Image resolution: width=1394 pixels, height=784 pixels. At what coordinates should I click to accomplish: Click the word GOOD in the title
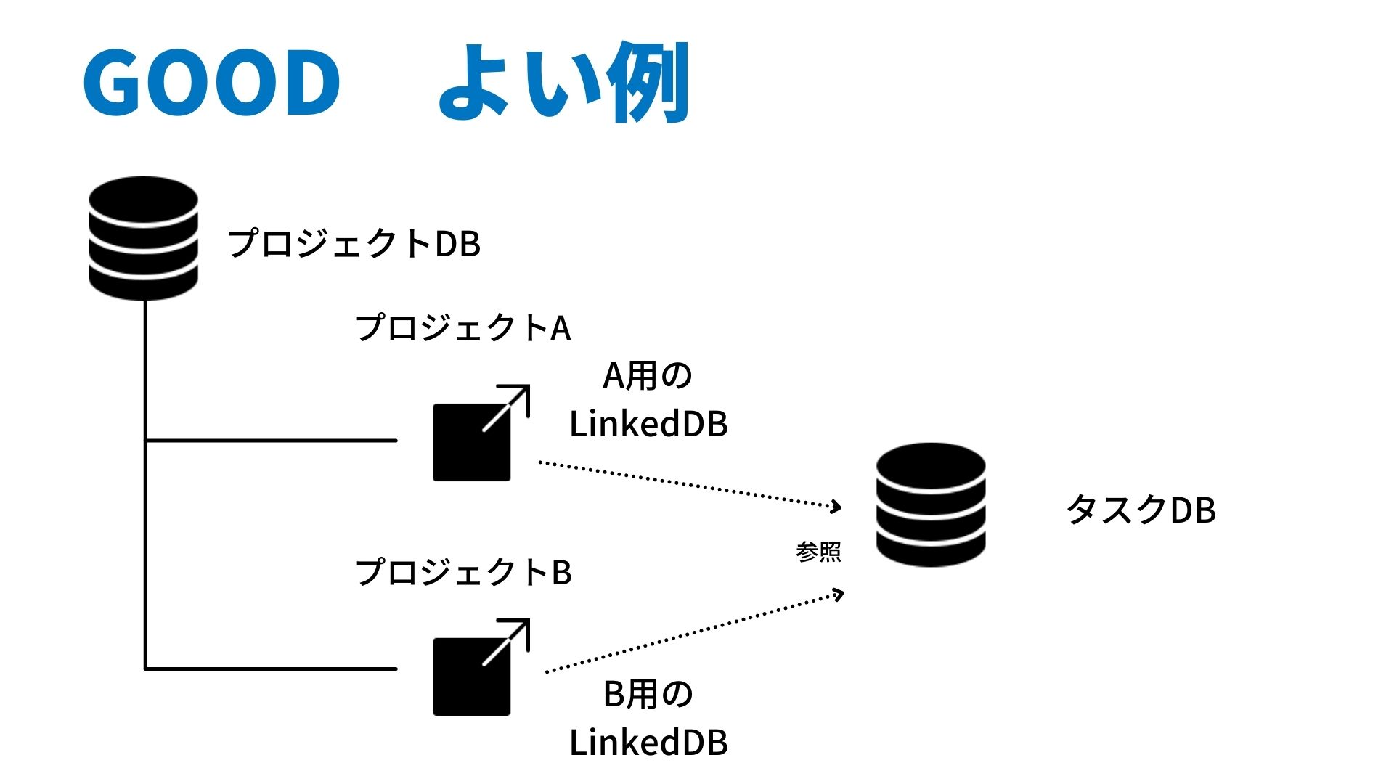click(x=211, y=82)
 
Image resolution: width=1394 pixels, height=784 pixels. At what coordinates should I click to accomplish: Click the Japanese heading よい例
click(x=563, y=82)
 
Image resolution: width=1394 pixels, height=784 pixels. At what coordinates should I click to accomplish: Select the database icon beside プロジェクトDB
click(x=143, y=238)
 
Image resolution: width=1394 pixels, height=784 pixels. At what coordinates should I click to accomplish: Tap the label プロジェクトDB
click(x=354, y=244)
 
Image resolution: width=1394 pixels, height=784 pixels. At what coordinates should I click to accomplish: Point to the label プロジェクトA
click(x=463, y=328)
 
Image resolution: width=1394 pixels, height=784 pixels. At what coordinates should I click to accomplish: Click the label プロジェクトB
click(x=463, y=573)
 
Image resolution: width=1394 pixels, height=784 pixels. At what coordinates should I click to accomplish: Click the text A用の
click(x=648, y=376)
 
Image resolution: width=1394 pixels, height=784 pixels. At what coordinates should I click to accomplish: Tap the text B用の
click(x=648, y=694)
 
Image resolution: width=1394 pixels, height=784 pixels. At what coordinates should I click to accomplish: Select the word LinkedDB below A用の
click(x=648, y=425)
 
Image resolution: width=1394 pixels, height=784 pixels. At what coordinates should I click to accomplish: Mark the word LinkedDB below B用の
click(x=648, y=743)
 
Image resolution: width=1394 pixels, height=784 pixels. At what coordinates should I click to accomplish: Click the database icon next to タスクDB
click(x=931, y=505)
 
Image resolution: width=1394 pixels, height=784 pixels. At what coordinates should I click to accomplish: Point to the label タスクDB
click(x=1141, y=510)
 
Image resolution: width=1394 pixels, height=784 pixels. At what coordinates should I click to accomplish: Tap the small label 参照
click(x=818, y=552)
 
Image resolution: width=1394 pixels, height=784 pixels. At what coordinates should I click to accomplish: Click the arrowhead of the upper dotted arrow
click(x=837, y=506)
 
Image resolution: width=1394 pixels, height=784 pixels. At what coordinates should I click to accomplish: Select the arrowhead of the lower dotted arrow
click(x=839, y=595)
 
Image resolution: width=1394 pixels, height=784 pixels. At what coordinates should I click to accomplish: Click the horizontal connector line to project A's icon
click(x=271, y=440)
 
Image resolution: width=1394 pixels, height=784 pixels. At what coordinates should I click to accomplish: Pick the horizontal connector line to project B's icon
click(x=271, y=669)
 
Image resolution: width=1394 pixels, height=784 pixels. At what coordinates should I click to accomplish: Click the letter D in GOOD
click(x=306, y=82)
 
